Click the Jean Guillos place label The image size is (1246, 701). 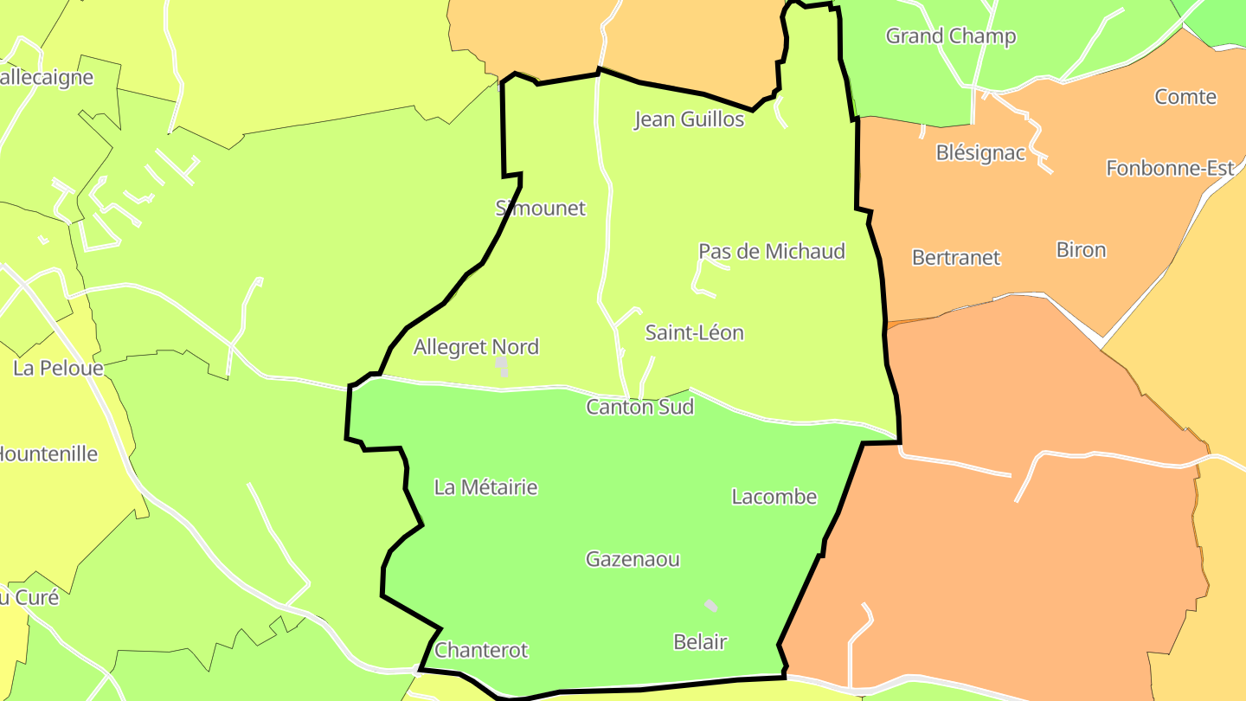click(689, 119)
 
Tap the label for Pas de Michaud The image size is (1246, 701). click(771, 251)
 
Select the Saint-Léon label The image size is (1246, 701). click(694, 332)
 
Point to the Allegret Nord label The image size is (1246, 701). click(476, 347)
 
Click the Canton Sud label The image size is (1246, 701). click(639, 407)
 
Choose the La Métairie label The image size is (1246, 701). click(485, 487)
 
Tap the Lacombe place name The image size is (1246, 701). click(774, 497)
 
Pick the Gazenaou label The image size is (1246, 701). click(633, 559)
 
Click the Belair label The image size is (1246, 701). click(700, 642)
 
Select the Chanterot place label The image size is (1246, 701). click(481, 650)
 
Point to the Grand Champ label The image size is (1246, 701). click(950, 36)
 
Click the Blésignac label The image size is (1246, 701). click(980, 153)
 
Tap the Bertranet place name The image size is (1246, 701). click(955, 257)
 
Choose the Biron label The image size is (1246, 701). click(1081, 250)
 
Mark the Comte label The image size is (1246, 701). click(1185, 97)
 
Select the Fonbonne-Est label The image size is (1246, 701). click(1170, 168)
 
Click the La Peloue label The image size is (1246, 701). click(58, 369)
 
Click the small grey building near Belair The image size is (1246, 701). click(710, 606)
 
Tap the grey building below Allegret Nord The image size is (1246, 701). click(501, 366)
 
